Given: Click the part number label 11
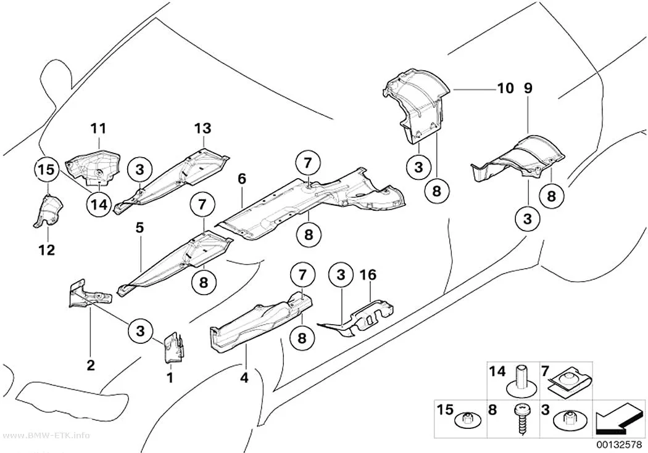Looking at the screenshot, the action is tap(98, 129).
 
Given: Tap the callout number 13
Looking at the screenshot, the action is tap(203, 128).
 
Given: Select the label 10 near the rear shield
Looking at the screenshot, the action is tap(506, 88).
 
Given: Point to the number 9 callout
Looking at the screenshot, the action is tap(528, 88).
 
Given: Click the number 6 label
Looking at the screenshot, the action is tap(242, 179).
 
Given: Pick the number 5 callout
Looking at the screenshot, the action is tap(140, 228).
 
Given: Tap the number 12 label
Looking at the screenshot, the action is tap(47, 250).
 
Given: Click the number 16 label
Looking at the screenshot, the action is tap(368, 275).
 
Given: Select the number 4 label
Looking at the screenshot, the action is tap(244, 377).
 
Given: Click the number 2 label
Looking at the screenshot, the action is tap(91, 365).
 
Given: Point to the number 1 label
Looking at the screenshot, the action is tap(170, 377).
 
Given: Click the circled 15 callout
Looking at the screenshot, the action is tap(47, 170).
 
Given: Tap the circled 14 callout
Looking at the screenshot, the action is tap(99, 204).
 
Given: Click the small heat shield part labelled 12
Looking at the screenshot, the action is tap(48, 211).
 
